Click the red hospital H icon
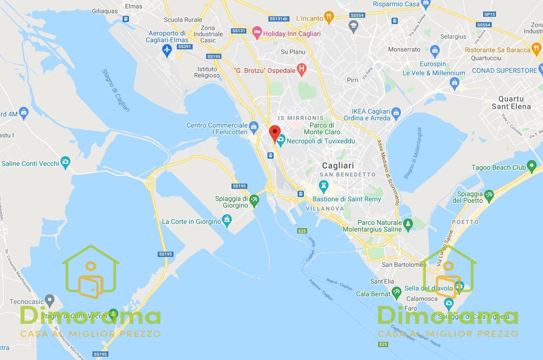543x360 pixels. click(x=302, y=70)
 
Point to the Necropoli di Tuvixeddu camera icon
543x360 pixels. click(x=281, y=140)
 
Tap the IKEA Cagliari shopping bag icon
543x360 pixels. click(x=396, y=114)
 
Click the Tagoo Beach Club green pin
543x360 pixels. click(x=531, y=167)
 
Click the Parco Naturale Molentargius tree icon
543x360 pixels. click(x=408, y=223)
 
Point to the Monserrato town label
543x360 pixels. click(x=404, y=49)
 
